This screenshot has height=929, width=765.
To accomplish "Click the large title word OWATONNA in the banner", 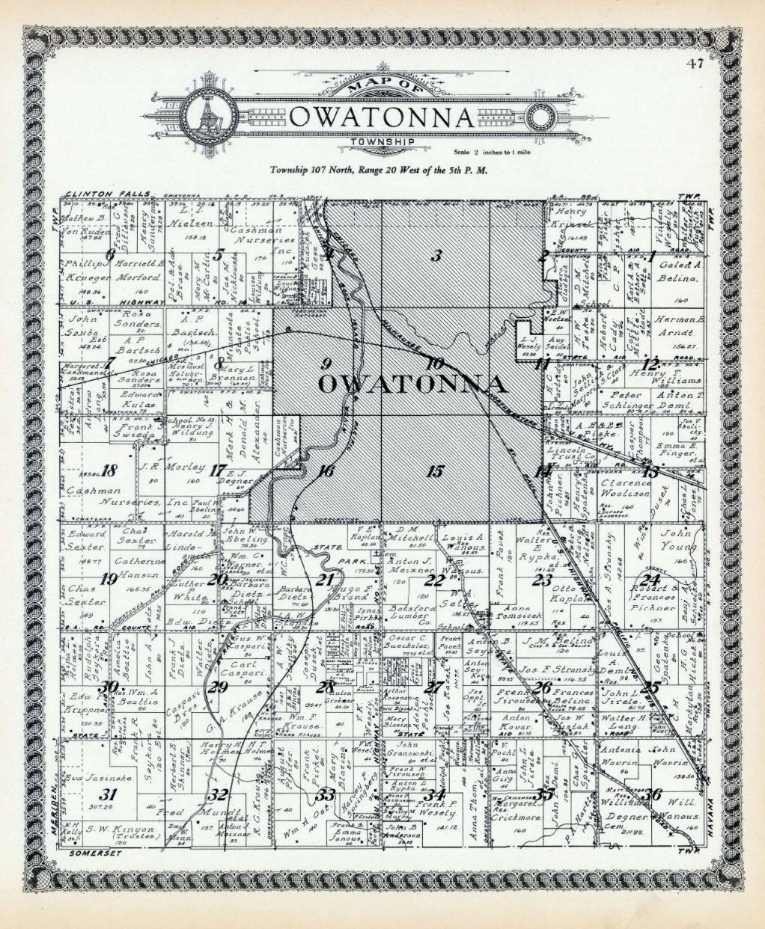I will (382, 118).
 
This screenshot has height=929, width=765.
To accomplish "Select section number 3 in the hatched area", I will (436, 256).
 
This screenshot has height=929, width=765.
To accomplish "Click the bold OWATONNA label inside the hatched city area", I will (411, 384).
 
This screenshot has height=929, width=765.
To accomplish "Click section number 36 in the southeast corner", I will (656, 794).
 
